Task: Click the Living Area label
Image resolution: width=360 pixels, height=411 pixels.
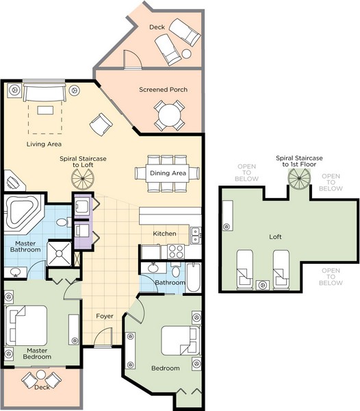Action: [44, 144]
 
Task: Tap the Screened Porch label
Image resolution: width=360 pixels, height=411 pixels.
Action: [163, 90]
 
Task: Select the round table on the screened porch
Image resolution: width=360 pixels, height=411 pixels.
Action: [170, 115]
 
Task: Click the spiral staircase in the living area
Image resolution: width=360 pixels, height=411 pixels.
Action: [83, 179]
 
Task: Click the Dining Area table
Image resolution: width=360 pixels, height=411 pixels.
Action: [168, 173]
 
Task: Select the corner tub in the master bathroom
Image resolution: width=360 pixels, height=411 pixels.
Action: [23, 213]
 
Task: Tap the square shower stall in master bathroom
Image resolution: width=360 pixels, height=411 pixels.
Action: [59, 253]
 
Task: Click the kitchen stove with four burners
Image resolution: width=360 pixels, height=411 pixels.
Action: [176, 251]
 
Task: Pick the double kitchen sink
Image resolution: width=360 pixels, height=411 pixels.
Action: [195, 236]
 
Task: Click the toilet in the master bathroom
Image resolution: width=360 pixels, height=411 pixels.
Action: [64, 222]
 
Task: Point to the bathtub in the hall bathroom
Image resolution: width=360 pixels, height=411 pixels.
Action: [194, 277]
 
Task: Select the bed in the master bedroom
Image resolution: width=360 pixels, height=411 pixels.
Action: [27, 325]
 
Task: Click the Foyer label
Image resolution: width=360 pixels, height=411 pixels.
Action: [105, 316]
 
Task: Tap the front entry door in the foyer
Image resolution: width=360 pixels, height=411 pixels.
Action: [103, 338]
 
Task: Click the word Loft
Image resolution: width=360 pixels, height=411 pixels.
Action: [275, 237]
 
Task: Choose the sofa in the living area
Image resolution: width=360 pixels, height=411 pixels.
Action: [44, 92]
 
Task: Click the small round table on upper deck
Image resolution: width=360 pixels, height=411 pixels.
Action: [186, 54]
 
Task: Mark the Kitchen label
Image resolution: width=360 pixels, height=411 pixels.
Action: [164, 234]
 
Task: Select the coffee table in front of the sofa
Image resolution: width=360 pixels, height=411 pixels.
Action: [45, 110]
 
